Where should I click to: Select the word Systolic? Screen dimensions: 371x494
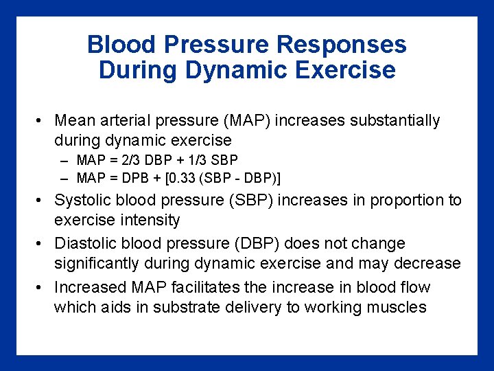82,201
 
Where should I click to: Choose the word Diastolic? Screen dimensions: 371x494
84,244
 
